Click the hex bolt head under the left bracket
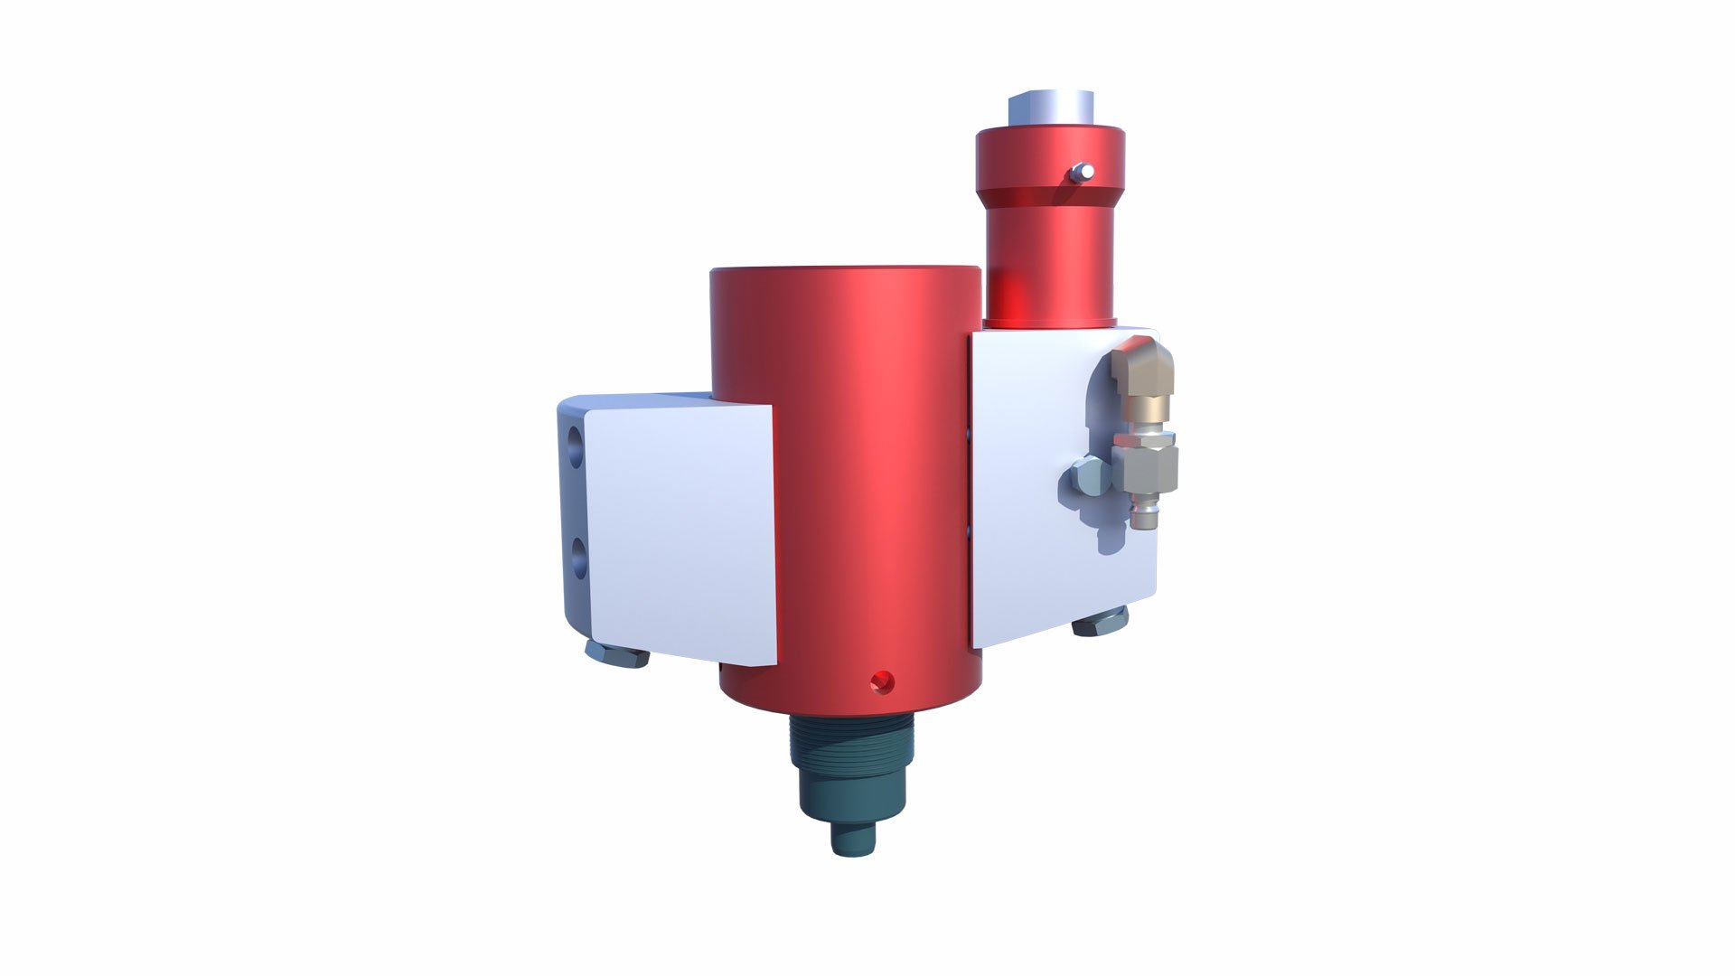point(616,653)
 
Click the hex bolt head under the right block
point(1100,622)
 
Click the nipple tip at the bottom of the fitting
point(1140,518)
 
